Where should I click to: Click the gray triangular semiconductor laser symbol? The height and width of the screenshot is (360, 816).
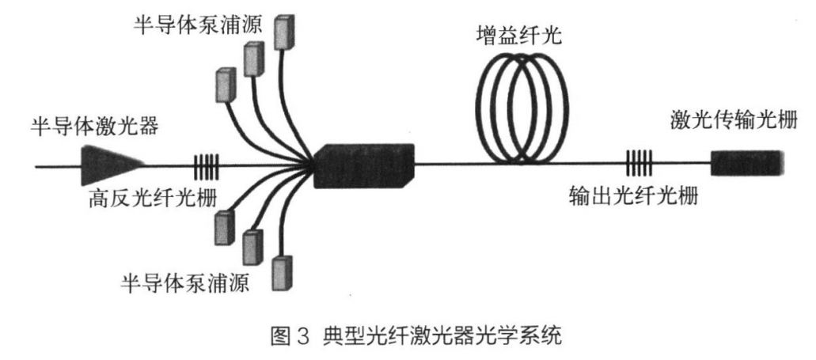[110, 165]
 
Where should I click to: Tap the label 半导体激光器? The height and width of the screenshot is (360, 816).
[75, 127]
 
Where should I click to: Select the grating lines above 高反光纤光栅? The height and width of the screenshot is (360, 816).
[205, 166]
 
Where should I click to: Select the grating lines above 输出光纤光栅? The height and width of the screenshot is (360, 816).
[639, 165]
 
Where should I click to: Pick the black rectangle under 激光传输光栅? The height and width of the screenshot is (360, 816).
[746, 164]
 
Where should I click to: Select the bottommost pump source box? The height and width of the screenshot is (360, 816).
[280, 273]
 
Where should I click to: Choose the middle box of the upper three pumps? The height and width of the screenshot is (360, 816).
[253, 59]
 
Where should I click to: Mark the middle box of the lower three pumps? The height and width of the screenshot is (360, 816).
[252, 246]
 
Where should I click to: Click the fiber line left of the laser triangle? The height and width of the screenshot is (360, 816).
[55, 166]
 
